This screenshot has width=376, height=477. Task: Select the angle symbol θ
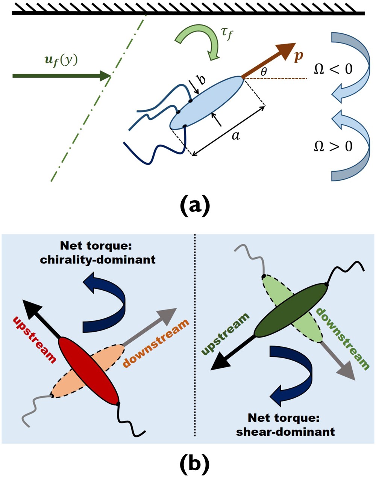(264, 72)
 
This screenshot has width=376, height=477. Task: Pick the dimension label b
(202, 80)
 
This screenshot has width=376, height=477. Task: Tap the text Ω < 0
(333, 69)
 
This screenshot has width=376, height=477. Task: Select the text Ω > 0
(333, 146)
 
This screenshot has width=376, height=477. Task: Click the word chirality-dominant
(97, 260)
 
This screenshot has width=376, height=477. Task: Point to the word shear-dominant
(285, 431)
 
